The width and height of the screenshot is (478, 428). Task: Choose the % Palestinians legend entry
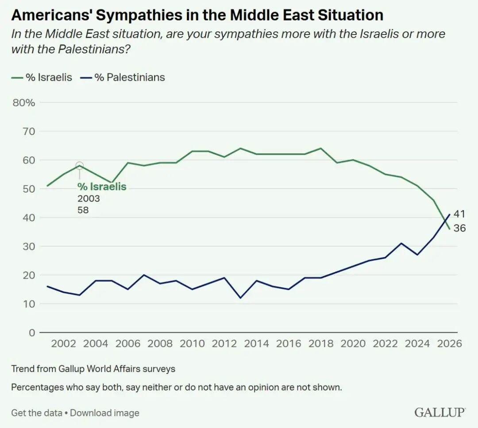(x=124, y=77)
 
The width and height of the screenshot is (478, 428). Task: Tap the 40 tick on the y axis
(x=28, y=218)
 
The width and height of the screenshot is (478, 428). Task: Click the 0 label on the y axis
(x=31, y=333)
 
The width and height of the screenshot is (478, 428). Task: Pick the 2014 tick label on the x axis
(x=257, y=344)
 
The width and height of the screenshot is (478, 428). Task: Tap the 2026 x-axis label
(x=449, y=344)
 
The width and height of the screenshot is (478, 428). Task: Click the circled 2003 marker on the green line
(x=80, y=166)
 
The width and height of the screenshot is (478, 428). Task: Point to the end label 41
(x=459, y=214)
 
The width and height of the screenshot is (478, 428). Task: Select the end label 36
(x=459, y=229)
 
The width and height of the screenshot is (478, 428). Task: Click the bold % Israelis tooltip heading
(x=102, y=187)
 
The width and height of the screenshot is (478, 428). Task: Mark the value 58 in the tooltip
(x=83, y=210)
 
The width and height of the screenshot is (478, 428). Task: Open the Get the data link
(x=36, y=413)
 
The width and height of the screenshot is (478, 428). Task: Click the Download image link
(x=104, y=413)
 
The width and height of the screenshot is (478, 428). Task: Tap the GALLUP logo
(x=440, y=412)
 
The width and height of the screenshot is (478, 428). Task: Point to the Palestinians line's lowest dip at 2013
(x=240, y=298)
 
